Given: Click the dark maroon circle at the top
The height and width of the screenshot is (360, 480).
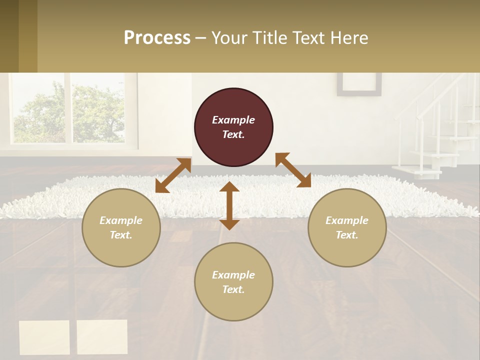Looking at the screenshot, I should coord(233,127).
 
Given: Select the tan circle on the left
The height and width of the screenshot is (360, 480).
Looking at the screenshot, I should coord(121,227).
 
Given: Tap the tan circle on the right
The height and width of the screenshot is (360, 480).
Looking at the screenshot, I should coord(347,227).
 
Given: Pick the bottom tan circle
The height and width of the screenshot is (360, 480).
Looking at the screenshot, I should coord(233,282).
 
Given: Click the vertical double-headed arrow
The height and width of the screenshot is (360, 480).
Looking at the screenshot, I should coord(229,205).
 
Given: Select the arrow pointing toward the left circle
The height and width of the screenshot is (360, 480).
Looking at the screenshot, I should coord(173,175).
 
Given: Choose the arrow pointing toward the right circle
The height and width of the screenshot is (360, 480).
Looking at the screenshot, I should coord(293,170).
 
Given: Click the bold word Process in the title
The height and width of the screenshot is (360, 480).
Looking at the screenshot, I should coord(157,38).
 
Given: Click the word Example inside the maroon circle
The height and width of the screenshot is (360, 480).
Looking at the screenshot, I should coord(233,120).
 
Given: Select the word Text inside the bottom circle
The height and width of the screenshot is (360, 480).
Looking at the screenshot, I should coord(233,289).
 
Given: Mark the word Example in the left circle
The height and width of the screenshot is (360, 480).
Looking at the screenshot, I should coord(121,220).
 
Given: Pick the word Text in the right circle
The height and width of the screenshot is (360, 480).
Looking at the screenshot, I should coord(347,235).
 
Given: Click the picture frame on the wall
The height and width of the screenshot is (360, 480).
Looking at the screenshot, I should coord(359,84).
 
